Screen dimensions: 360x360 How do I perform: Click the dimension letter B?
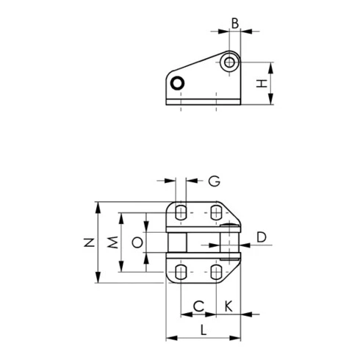click(x=235, y=24)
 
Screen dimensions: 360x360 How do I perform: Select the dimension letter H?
click(x=262, y=84)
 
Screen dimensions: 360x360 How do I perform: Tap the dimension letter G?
click(x=214, y=181)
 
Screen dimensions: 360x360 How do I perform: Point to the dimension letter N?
click(x=89, y=242)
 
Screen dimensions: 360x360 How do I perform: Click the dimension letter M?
click(x=113, y=242)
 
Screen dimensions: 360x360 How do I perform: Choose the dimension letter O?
click(x=137, y=242)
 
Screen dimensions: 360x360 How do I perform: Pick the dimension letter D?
click(x=262, y=237)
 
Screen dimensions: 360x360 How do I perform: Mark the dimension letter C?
click(x=198, y=306)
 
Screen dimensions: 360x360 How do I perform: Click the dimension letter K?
click(x=228, y=306)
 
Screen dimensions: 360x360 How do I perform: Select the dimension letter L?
click(x=204, y=330)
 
